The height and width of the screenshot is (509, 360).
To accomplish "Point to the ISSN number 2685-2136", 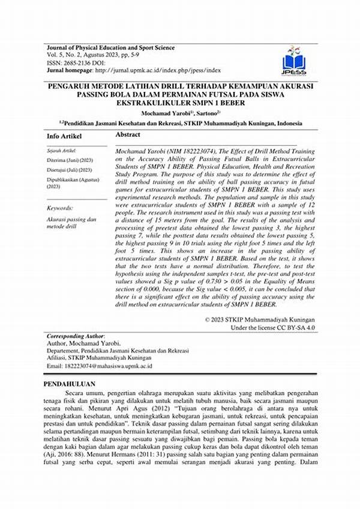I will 79,62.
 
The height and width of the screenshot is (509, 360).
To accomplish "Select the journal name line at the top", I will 110,47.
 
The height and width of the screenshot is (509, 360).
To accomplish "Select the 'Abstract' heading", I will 128,136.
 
